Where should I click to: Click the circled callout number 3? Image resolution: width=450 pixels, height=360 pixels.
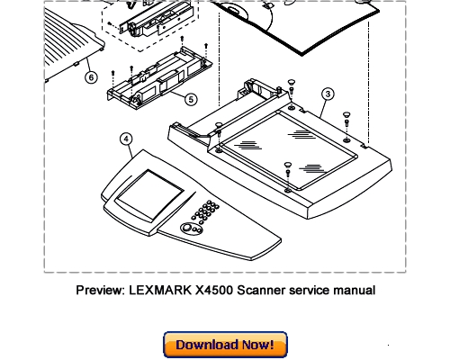tap(328, 94)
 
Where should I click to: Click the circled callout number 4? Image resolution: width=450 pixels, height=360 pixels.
tap(126, 139)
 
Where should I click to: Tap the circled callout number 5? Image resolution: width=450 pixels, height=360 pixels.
tap(191, 99)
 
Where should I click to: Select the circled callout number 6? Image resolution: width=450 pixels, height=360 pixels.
tap(91, 77)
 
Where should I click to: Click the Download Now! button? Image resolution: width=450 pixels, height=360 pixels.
tap(225, 345)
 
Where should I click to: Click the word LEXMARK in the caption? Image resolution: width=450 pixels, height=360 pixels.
tap(160, 291)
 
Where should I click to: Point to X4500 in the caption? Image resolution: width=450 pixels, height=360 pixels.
tap(214, 291)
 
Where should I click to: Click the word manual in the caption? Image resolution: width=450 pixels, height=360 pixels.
tap(355, 291)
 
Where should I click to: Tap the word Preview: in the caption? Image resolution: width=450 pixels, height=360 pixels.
tap(100, 291)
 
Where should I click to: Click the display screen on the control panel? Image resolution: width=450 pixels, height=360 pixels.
tap(149, 195)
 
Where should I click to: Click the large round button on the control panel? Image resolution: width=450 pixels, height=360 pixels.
tap(187, 228)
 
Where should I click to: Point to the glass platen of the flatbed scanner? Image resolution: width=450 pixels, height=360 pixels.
tap(289, 150)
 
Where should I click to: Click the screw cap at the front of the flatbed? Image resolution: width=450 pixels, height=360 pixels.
tap(288, 165)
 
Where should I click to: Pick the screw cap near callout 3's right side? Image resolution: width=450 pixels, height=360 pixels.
tap(346, 114)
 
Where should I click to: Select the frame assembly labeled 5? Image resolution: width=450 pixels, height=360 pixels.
tap(160, 78)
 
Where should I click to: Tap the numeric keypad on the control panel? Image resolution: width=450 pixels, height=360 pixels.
tap(205, 212)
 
